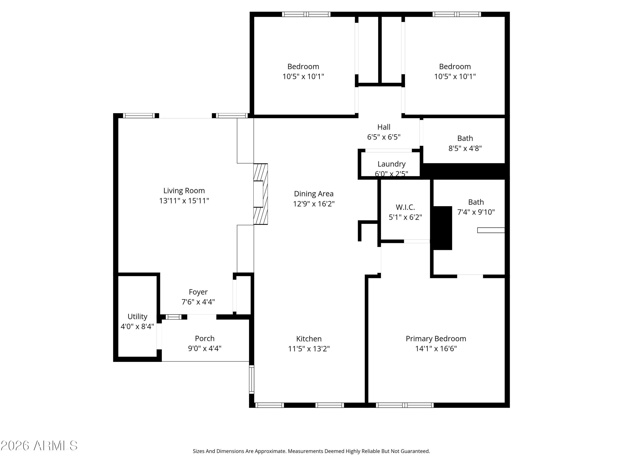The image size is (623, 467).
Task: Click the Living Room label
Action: point(184,191)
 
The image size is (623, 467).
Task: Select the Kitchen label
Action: point(309,339)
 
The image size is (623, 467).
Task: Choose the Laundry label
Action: point(391,164)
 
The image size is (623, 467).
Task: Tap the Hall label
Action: point(384,127)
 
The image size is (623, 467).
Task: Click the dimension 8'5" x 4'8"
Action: point(465,148)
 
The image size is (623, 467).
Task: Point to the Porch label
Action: point(205,338)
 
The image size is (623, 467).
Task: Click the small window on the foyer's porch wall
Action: point(173,317)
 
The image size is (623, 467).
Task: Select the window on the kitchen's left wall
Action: point(251,379)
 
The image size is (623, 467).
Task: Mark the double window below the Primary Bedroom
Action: point(405,405)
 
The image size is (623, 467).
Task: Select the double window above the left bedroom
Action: point(306,14)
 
